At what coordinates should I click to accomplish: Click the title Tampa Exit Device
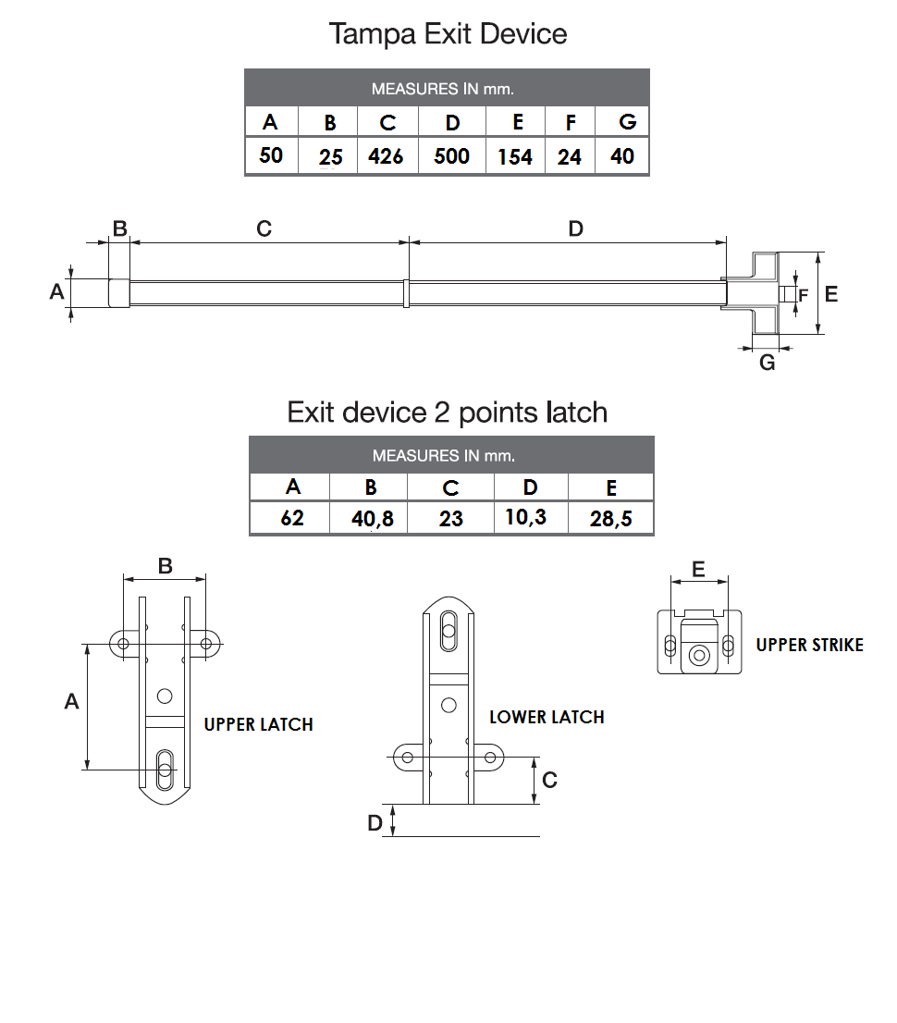448,34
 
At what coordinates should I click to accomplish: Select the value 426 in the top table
386,156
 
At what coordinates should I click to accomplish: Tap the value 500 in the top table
451,155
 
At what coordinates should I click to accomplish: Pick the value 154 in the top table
515,157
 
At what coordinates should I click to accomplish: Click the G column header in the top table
627,122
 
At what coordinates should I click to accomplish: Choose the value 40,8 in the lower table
373,519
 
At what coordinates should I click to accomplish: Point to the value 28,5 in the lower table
611,519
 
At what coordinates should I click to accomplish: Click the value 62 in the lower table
292,517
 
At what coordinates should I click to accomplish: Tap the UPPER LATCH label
258,724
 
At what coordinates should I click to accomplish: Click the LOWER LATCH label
547,717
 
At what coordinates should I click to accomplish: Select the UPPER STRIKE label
809,645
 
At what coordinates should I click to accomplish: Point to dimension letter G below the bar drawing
767,364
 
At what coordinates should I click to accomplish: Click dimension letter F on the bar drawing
803,296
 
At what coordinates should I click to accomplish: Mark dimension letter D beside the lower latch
375,823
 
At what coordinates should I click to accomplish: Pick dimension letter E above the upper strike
698,569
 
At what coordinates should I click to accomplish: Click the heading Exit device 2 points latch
448,412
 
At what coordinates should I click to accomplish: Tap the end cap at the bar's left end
118,292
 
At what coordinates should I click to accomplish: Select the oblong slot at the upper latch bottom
165,769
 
